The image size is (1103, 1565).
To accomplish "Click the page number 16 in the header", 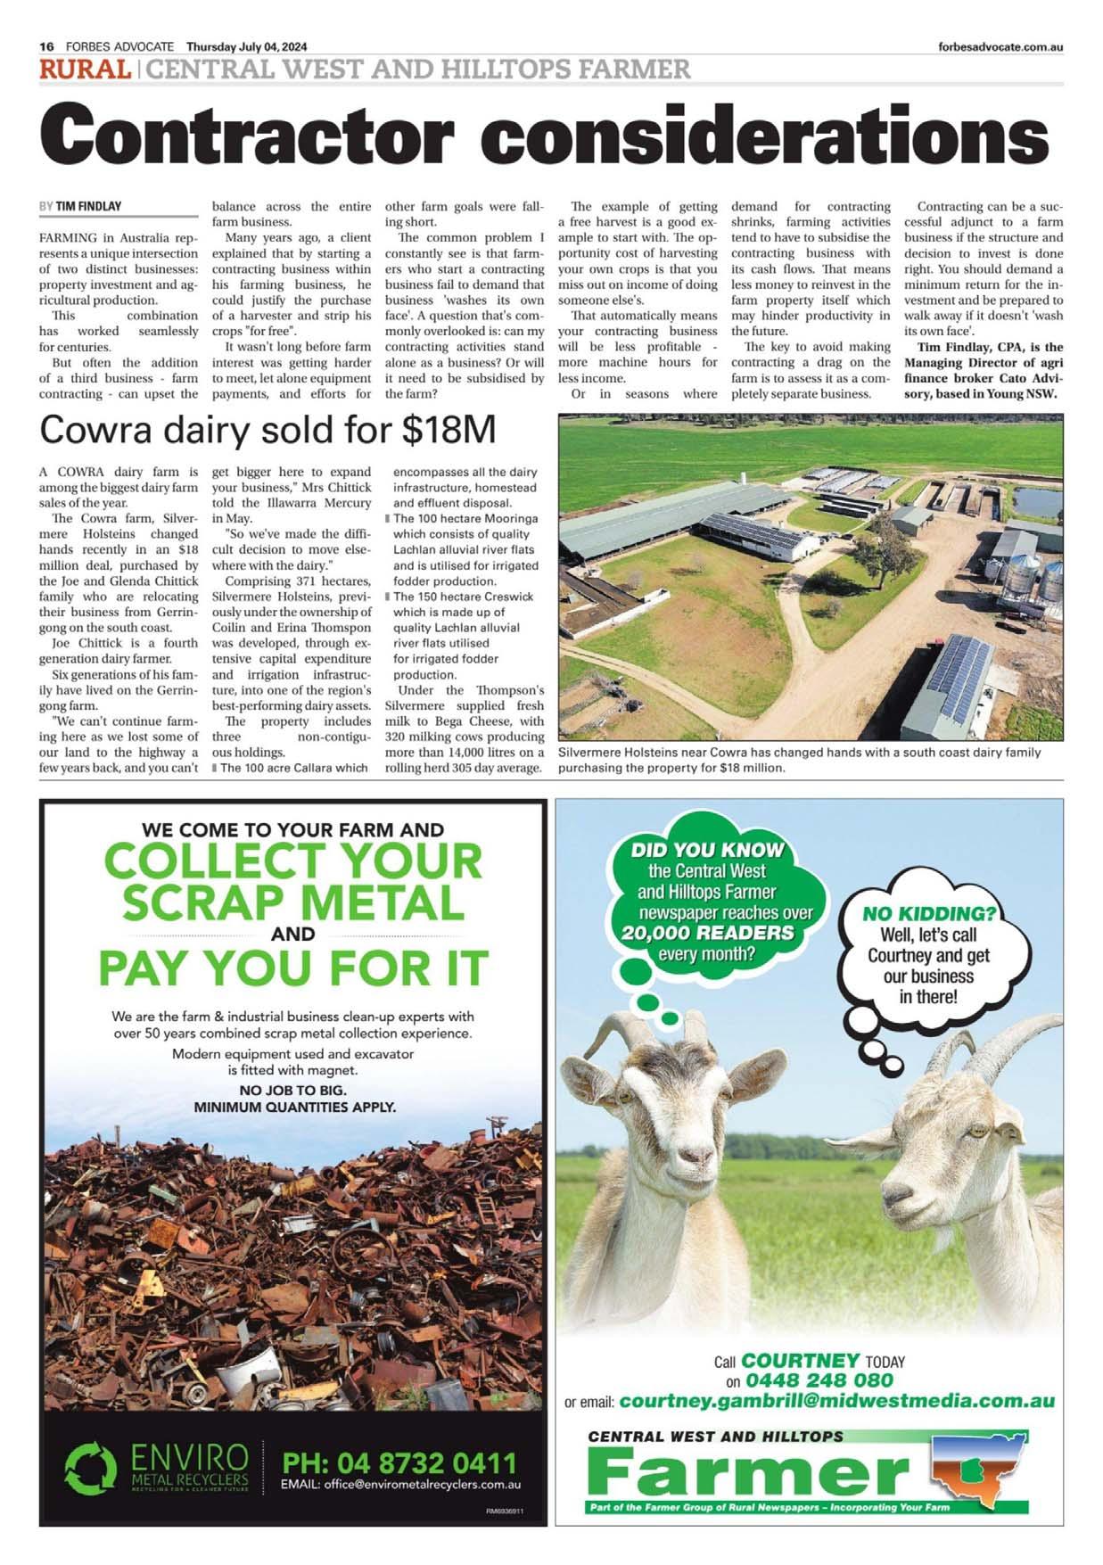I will pyautogui.click(x=47, y=47).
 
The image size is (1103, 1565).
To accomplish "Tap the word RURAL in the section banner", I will pyautogui.click(x=85, y=70).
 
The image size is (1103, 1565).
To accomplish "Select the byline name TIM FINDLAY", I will pyautogui.click(x=88, y=206).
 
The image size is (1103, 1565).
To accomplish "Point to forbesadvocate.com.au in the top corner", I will pyautogui.click(x=1000, y=47).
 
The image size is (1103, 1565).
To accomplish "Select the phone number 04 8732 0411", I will pyautogui.click(x=399, y=1463).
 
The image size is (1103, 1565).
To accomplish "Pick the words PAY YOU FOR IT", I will pyautogui.click(x=293, y=968).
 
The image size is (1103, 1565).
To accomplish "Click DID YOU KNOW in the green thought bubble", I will pyautogui.click(x=707, y=850).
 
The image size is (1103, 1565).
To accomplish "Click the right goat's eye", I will pyautogui.click(x=977, y=1131).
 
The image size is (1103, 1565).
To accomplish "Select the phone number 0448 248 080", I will pyautogui.click(x=819, y=1380).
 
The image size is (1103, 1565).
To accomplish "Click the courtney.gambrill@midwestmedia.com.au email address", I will pyautogui.click(x=836, y=1401).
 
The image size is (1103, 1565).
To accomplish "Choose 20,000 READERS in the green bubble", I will pyautogui.click(x=708, y=933).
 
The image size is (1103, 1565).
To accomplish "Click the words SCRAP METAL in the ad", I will pyautogui.click(x=293, y=903).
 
